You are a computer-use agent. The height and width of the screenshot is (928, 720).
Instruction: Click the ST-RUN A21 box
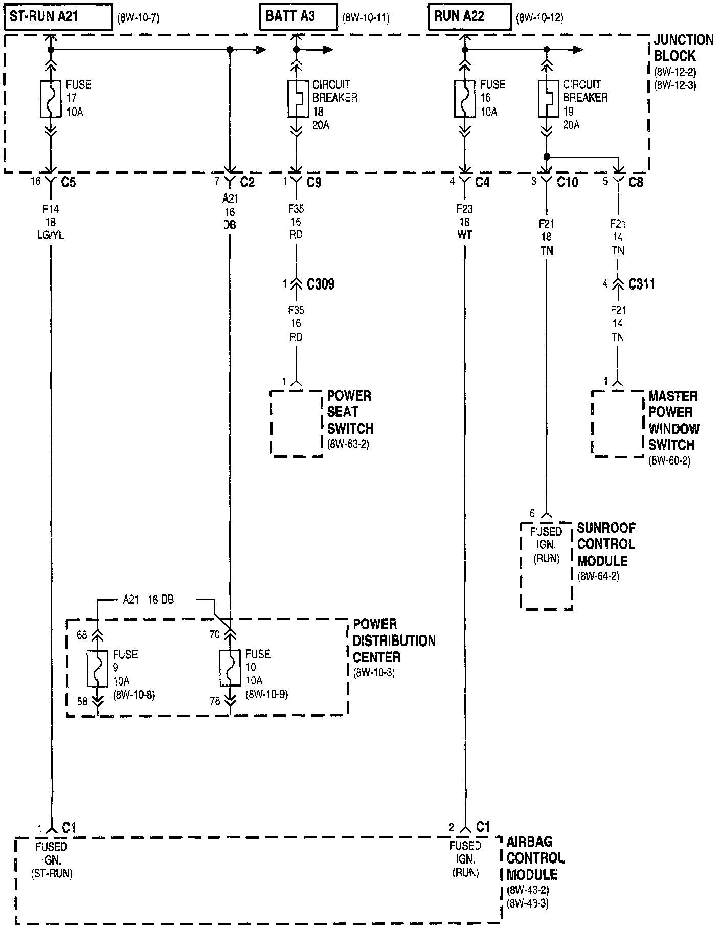point(58,17)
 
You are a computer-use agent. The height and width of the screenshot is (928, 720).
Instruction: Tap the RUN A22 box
point(469,17)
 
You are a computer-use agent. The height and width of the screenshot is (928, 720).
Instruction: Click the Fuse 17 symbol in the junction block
point(51,98)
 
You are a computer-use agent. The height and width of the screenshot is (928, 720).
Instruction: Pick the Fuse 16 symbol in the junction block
point(465,98)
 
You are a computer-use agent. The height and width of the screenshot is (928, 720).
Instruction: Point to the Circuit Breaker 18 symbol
point(296,98)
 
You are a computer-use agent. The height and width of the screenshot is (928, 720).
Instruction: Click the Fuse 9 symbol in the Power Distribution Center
point(97,668)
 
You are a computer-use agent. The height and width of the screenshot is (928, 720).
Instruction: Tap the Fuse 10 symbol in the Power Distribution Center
point(230,668)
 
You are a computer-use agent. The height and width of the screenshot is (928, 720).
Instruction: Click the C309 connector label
point(321,284)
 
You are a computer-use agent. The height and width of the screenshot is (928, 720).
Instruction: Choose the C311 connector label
point(642,284)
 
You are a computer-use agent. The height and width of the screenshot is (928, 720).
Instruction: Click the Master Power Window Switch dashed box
point(617,423)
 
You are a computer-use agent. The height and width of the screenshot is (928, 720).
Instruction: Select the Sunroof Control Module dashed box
point(546,565)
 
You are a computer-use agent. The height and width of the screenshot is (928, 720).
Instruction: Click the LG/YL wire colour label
point(51,236)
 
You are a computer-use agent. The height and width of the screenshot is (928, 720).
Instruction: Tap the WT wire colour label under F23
point(465,235)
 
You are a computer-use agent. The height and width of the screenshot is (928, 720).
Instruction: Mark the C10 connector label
point(568,182)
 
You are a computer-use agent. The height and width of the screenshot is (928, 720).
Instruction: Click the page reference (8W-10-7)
point(138,19)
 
